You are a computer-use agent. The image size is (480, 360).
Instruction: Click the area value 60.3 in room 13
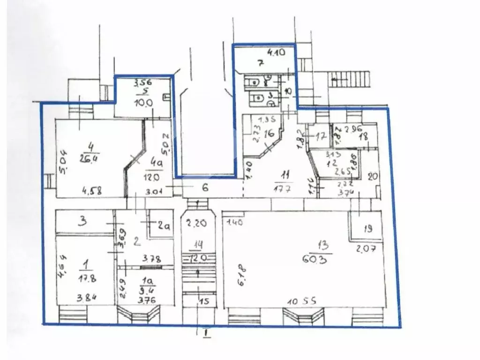[x=323, y=258]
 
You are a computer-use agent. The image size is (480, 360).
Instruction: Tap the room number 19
[x=368, y=229]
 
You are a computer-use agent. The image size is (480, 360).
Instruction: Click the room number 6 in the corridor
[x=205, y=188]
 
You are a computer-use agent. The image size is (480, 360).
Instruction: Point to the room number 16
[x=269, y=134]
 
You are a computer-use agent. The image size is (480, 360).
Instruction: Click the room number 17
[x=321, y=137]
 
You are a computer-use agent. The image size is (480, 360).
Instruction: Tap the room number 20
[x=373, y=177]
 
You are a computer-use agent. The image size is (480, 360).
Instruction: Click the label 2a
[x=163, y=226]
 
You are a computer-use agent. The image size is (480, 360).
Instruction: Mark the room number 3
[x=82, y=221]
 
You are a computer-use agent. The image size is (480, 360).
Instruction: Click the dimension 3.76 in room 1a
[x=149, y=295]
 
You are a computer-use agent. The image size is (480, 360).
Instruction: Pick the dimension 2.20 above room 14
[x=196, y=223]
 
